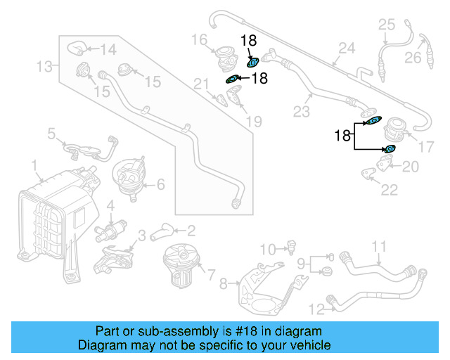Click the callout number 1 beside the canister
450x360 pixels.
coord(34,165)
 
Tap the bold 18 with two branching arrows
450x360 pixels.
coord(342,136)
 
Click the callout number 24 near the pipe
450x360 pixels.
coord(347,49)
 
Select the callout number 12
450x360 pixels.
coord(316,307)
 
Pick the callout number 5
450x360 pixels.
coord(52,132)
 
